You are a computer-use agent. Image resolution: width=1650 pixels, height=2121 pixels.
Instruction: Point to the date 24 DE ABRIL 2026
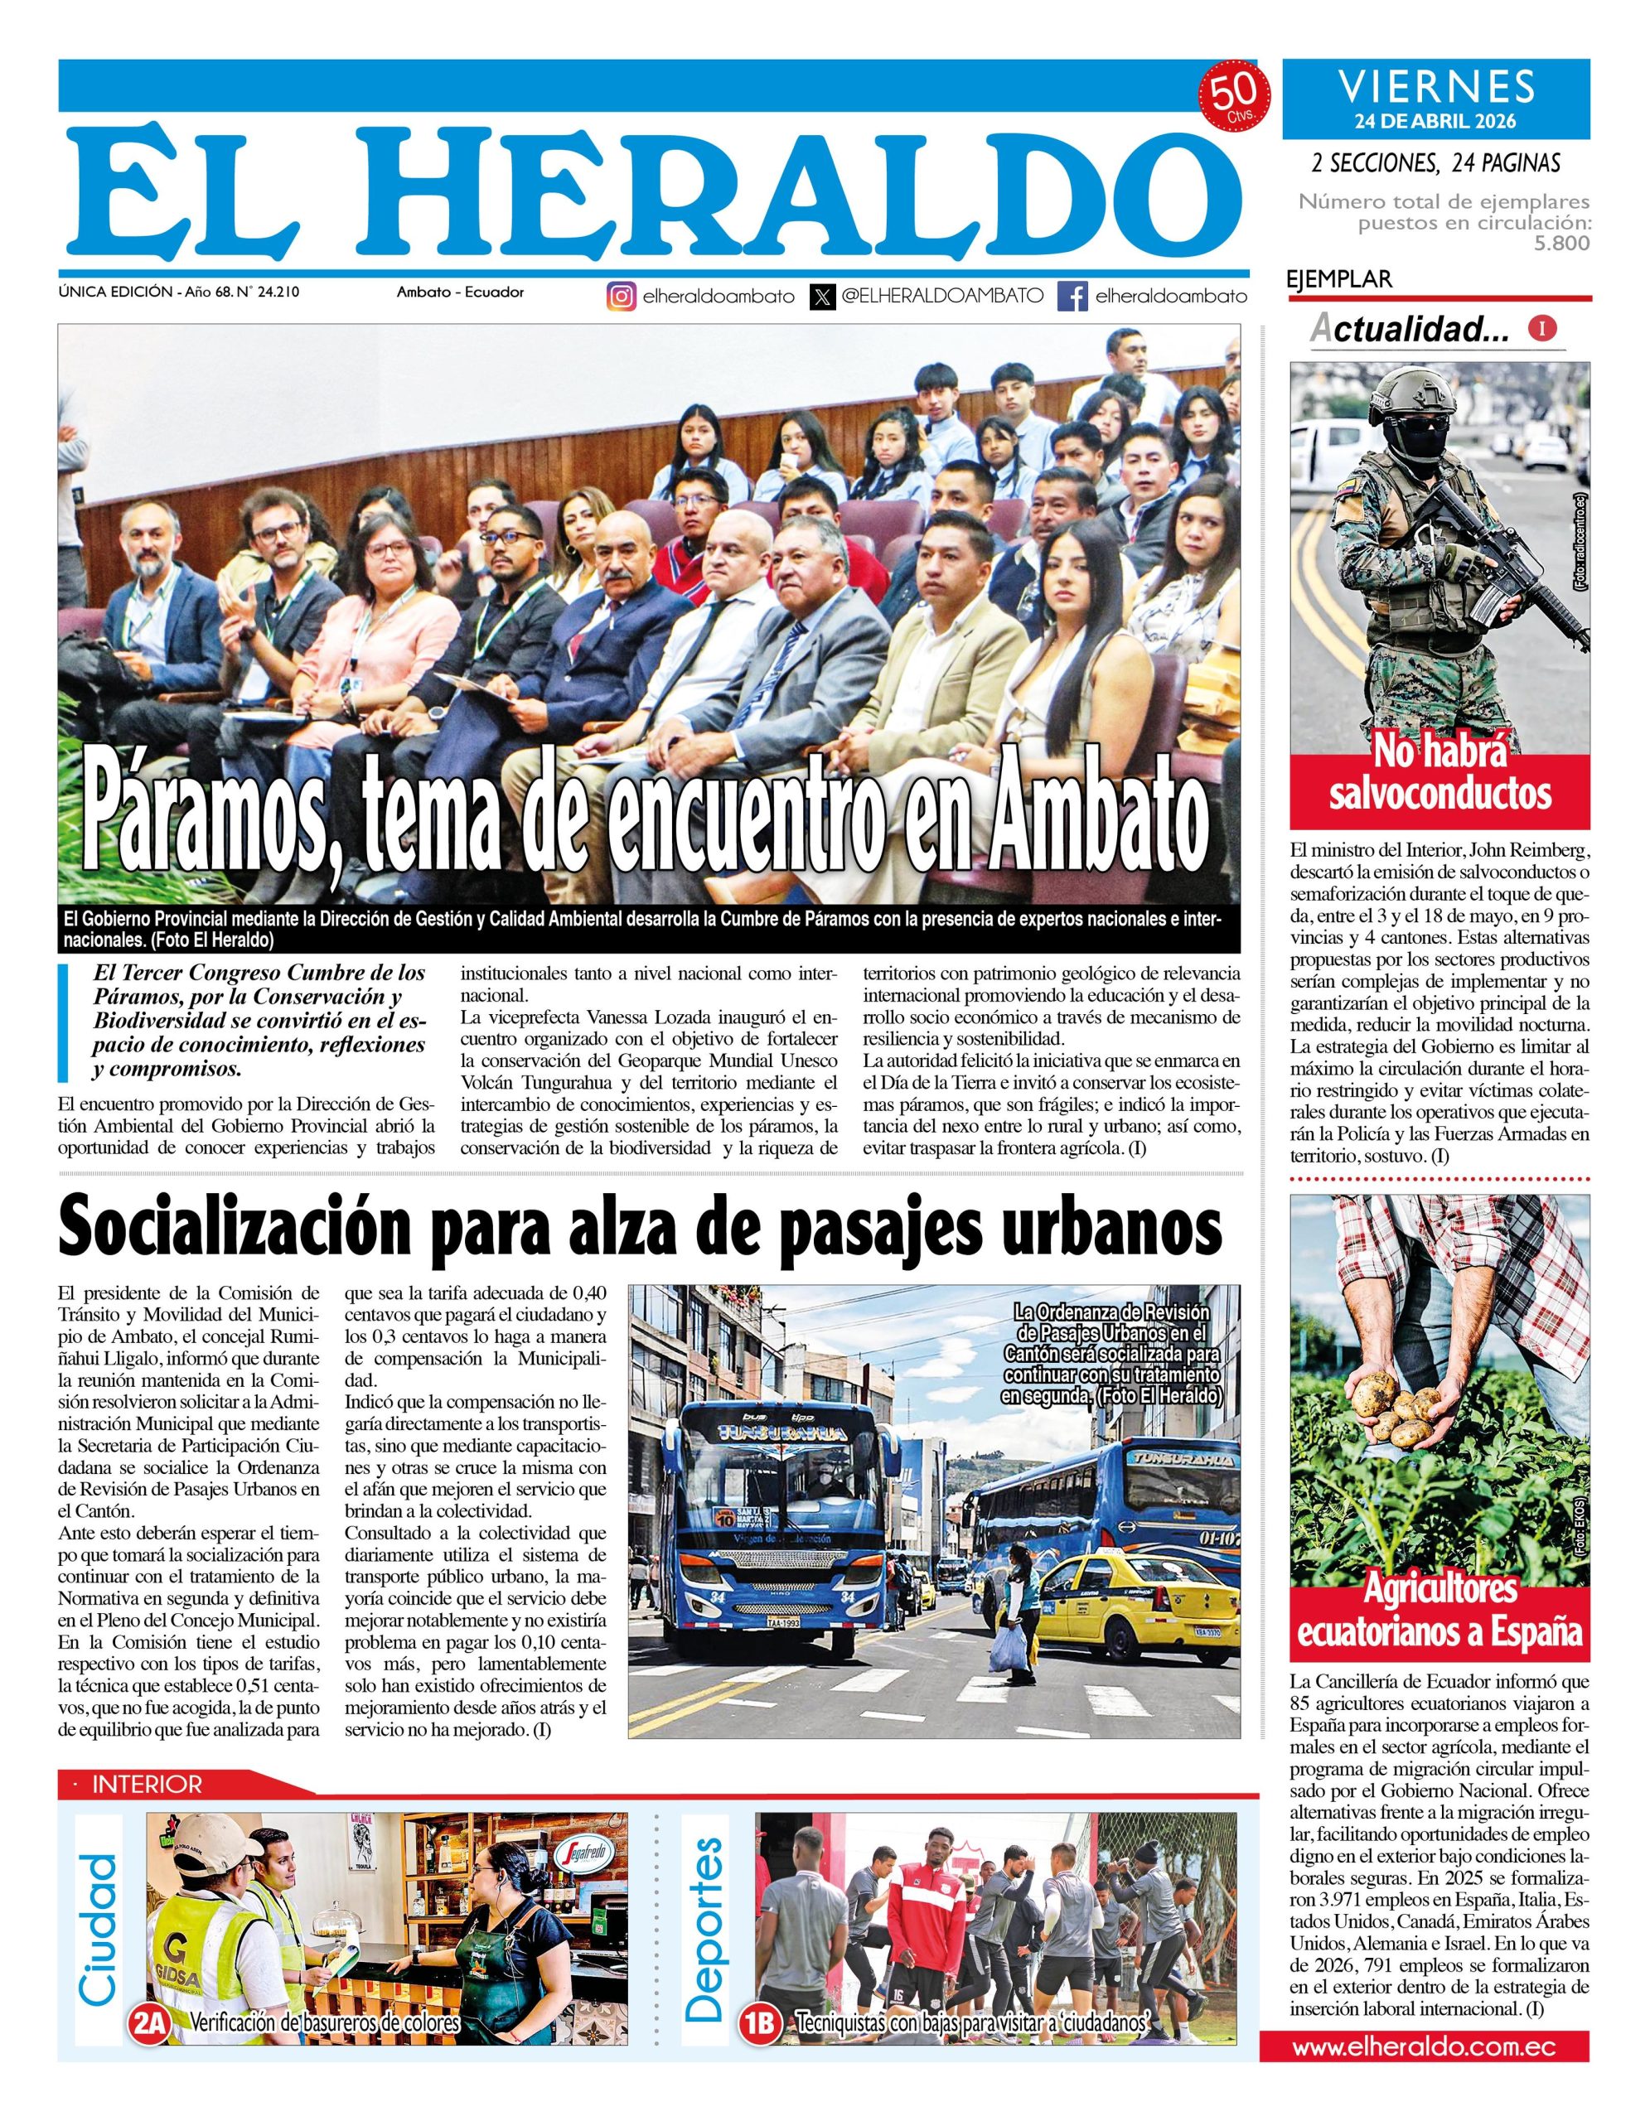click(x=1435, y=122)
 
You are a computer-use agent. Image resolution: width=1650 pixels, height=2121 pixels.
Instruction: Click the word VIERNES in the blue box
click(x=1436, y=87)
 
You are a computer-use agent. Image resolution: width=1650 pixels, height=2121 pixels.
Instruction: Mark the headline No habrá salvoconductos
click(x=1440, y=774)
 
